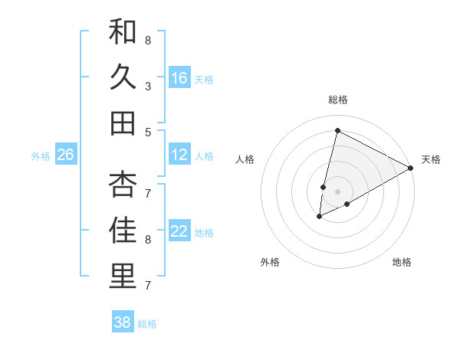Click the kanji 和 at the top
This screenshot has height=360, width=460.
123,32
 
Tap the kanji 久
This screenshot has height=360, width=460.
123,77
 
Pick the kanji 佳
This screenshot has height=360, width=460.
123,231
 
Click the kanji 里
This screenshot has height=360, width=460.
123,277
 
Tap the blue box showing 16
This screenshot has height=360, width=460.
179,78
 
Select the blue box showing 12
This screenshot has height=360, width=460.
179,155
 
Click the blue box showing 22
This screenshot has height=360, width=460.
179,232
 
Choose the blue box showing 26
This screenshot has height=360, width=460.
65,155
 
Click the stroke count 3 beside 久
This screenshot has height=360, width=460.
148,86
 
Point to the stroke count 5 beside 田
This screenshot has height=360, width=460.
148,132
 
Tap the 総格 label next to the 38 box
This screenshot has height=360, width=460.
147,324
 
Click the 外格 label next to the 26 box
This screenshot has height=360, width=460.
41,156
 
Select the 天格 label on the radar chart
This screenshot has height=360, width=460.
431,159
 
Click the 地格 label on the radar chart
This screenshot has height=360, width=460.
402,262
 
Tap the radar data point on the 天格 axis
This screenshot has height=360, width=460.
412,168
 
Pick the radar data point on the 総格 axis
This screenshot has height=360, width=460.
337,130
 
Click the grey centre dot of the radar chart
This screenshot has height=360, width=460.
337,191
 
